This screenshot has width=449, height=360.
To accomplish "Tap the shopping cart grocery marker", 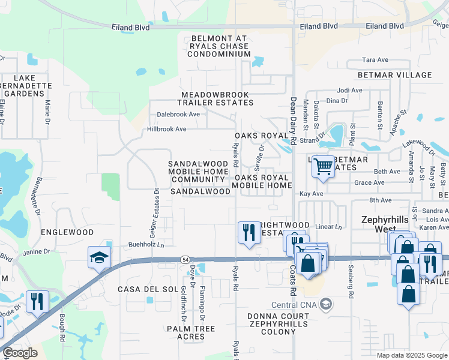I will (323, 166).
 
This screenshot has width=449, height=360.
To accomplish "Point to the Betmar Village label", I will (394, 75).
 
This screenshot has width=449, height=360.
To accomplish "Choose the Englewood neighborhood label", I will (67, 232).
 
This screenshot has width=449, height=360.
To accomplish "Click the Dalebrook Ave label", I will (178, 114).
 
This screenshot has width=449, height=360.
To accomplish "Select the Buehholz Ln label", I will (146, 245).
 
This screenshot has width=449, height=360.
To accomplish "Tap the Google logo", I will (20, 353).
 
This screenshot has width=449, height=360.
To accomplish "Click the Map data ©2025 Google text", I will (411, 355).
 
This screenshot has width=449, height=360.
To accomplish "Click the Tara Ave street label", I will (376, 60).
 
